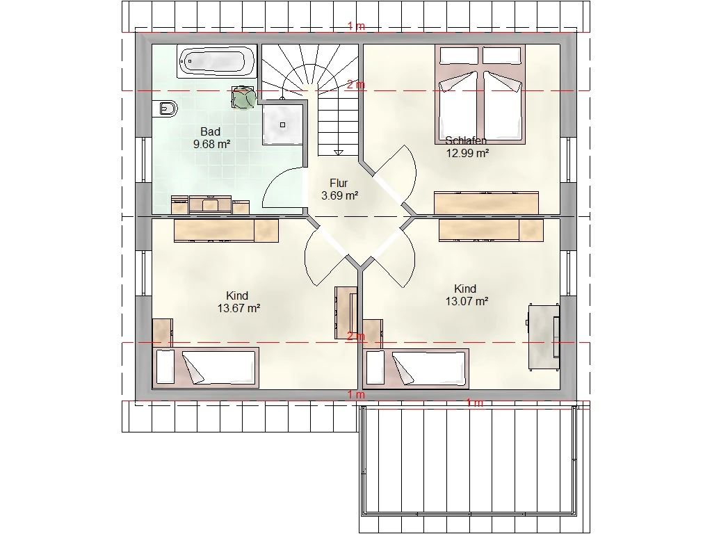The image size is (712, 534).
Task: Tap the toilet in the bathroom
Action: click(165, 108)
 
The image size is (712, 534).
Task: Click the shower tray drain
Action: click(283, 125)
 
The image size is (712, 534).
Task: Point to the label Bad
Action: click(210, 131)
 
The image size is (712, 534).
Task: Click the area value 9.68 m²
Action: click(211, 145)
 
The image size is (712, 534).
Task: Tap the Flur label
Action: click(339, 183)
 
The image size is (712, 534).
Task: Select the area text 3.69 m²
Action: click(339, 195)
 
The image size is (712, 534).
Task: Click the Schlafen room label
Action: click(466, 140)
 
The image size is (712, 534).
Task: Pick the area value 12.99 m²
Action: click(467, 153)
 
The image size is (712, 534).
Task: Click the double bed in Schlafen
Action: click(480, 95)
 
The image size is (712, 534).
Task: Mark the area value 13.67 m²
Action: click(238, 308)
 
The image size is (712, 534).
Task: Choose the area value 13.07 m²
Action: click(467, 301)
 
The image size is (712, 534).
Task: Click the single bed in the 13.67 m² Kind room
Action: click(205, 368)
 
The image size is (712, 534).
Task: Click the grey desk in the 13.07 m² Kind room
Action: click(544, 337)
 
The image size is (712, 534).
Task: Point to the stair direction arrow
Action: click(339, 152)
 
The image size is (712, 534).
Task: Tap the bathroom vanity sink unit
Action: click(210, 204)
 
